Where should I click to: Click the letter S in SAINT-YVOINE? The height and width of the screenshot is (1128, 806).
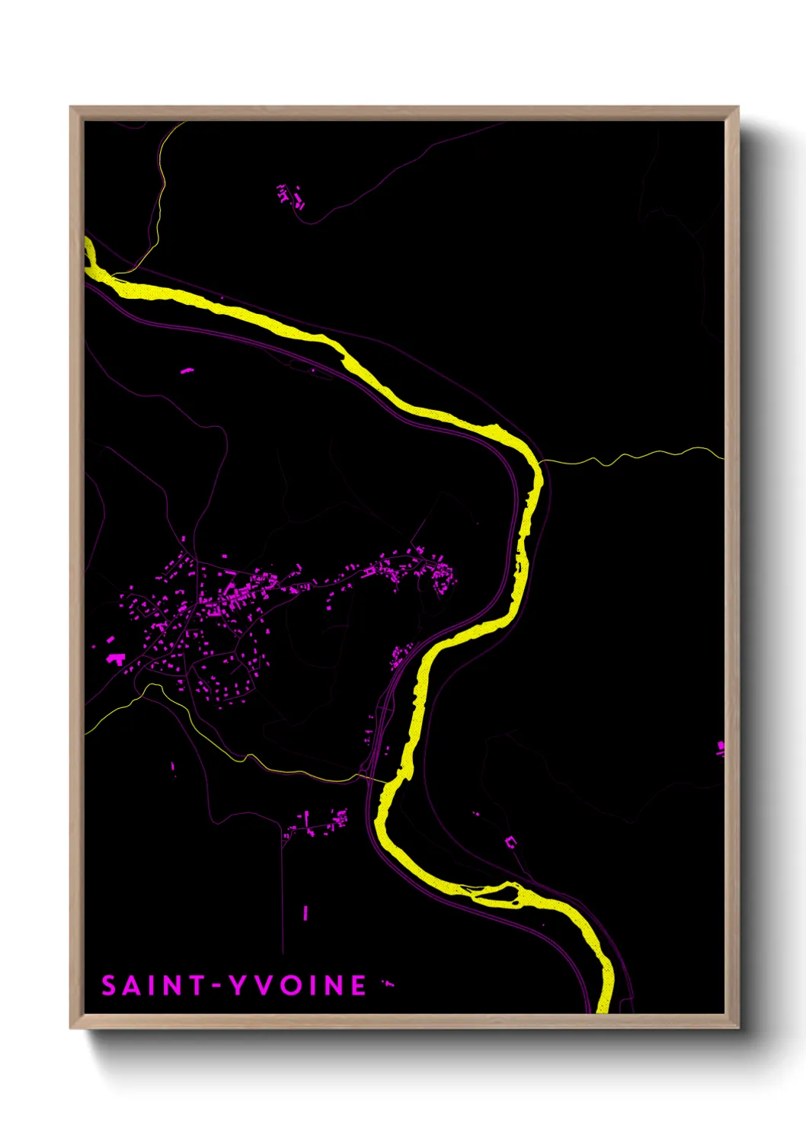[109, 985]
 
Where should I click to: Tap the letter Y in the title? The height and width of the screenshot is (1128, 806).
[239, 985]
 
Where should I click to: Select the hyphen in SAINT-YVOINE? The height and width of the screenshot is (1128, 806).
[216, 985]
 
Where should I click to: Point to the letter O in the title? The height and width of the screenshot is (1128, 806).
[289, 985]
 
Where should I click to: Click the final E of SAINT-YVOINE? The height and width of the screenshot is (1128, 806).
[358, 985]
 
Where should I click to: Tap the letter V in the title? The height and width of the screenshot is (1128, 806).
[264, 985]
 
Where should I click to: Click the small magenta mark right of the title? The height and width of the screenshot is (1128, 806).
[389, 984]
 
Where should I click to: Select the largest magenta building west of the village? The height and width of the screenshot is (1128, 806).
[116, 659]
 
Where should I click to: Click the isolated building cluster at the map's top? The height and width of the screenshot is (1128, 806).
[290, 196]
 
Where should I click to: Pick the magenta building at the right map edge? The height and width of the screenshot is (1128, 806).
[720, 748]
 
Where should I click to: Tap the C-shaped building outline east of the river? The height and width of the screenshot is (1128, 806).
[510, 842]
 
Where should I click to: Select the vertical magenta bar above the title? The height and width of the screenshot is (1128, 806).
[305, 912]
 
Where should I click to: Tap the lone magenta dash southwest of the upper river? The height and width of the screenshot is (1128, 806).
[187, 371]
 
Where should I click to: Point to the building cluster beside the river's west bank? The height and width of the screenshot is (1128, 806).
[400, 655]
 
